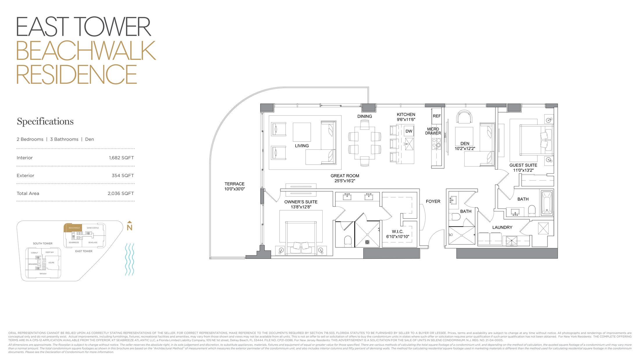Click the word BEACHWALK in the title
point(86,51)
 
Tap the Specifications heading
point(45,121)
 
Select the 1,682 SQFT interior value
point(121,158)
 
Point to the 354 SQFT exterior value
point(122,176)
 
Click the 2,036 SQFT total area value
point(121,193)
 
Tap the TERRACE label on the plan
point(234,184)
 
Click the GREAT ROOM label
point(345,176)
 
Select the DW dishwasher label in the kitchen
point(409,131)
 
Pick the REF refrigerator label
point(437,116)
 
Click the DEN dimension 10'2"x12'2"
point(465,149)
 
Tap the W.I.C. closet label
point(397,231)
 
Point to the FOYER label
point(433,201)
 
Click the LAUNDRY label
point(502,227)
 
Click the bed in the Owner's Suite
point(301,237)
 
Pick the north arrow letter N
point(129,227)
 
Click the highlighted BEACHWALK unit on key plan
point(73,228)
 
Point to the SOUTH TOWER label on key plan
point(42,243)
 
